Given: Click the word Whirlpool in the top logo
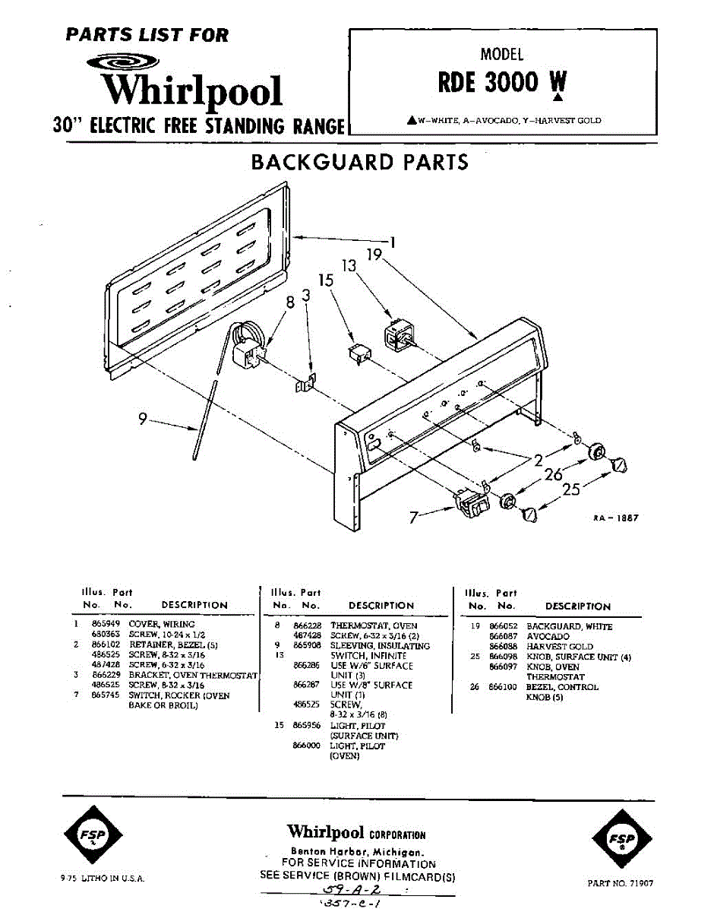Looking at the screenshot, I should [x=193, y=90].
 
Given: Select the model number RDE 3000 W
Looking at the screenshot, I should [x=501, y=82].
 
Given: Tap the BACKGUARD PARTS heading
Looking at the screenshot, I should [x=359, y=162].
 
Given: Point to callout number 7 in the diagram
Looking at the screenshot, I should [x=414, y=518].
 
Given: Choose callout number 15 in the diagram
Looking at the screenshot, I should [x=326, y=280].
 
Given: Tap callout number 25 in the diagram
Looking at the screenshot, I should [x=570, y=489].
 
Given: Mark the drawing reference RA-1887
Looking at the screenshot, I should [x=615, y=518].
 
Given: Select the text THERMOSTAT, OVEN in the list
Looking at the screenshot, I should [x=374, y=625].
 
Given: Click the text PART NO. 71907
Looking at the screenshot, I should [x=621, y=884].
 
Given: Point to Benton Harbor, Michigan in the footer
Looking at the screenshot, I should [x=357, y=852].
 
